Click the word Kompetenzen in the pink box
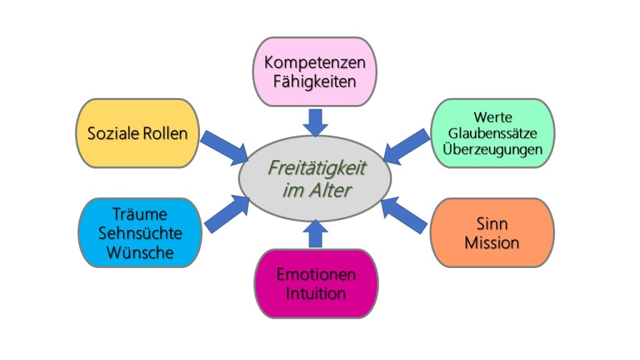click(x=314, y=63)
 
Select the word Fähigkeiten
click(x=314, y=81)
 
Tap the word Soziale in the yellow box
click(x=112, y=133)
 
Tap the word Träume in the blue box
click(x=140, y=214)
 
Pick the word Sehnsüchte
click(x=140, y=234)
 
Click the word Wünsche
click(x=140, y=252)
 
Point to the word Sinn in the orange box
click(x=492, y=224)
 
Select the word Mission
click(x=492, y=242)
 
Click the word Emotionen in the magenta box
click(x=316, y=274)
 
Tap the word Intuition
click(x=316, y=293)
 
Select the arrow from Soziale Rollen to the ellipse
click(x=225, y=147)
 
